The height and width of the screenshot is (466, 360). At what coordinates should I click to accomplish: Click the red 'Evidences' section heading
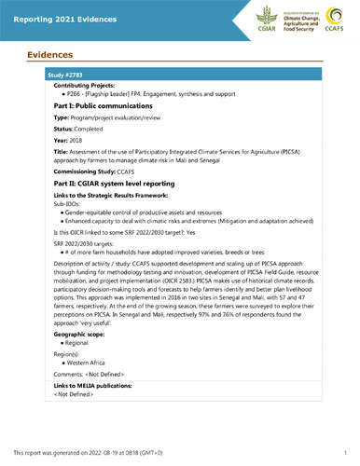tap(44, 54)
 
